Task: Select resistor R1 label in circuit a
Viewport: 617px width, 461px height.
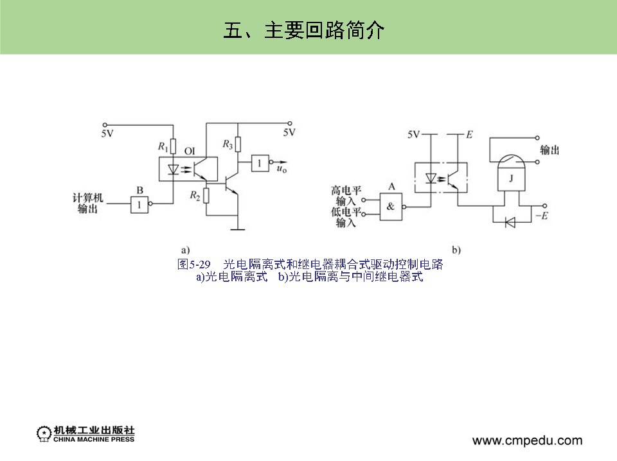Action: click(x=163, y=147)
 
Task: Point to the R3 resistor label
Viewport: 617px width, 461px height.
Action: click(x=228, y=144)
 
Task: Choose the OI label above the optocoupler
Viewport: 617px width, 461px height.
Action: click(x=190, y=151)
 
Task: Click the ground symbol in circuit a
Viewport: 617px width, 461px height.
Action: click(x=238, y=225)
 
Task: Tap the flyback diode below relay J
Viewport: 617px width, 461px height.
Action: click(x=510, y=222)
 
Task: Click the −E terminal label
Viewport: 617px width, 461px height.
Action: click(x=541, y=216)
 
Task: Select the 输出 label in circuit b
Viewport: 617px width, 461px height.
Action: click(x=550, y=150)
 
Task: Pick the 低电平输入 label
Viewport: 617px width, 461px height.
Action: click(x=346, y=218)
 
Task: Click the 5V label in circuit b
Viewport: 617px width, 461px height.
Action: click(x=414, y=134)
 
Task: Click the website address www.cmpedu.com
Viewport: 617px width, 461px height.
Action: click(x=527, y=440)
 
